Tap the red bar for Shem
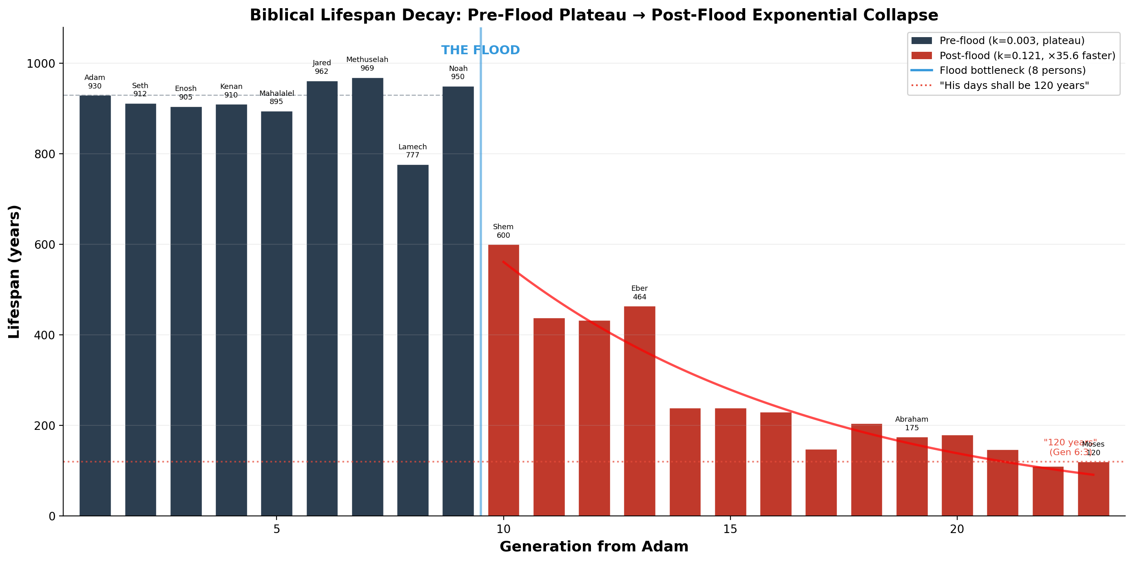point(503,380)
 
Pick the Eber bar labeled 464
point(640,411)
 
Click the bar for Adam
point(95,305)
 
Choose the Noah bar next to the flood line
point(458,301)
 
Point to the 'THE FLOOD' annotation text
point(480,50)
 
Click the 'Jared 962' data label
point(321,67)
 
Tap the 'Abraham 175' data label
point(911,423)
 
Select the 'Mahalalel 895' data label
point(276,97)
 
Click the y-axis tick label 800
point(44,154)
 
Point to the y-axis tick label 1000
point(41,64)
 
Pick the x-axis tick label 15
point(730,529)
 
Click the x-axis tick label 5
point(276,529)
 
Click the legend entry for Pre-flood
point(1011,40)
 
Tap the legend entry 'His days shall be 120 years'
point(1014,85)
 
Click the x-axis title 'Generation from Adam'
point(594,547)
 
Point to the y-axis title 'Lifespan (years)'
point(14,271)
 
